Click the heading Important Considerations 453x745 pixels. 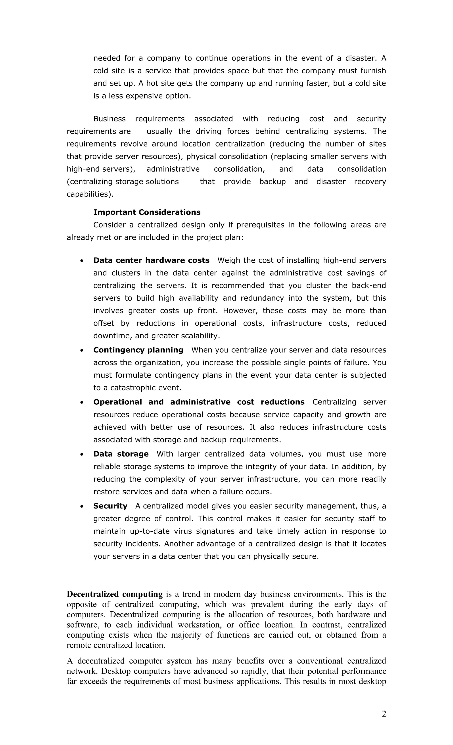coord(147,212)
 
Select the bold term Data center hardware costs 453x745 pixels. coord(151,260)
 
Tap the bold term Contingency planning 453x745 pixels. coord(138,350)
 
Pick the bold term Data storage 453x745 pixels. coord(121,454)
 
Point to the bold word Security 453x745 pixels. coord(110,506)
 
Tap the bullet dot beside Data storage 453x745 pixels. coord(82,454)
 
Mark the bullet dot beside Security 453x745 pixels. coord(82,506)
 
